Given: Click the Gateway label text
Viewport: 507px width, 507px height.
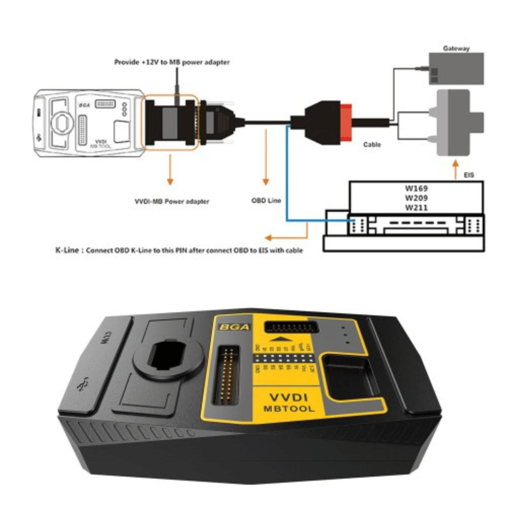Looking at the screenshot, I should (x=456, y=49).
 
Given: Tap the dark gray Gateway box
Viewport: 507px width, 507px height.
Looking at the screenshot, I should (x=456, y=68).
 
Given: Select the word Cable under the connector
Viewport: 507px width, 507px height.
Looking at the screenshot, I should (x=372, y=144).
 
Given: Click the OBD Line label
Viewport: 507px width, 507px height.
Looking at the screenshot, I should (x=266, y=200).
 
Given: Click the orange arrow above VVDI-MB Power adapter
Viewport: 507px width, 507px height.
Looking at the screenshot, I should (x=170, y=172).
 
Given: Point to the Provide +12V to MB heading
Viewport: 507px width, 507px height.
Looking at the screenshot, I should (x=171, y=62).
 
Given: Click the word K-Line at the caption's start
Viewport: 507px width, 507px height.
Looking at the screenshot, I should (x=67, y=250).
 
